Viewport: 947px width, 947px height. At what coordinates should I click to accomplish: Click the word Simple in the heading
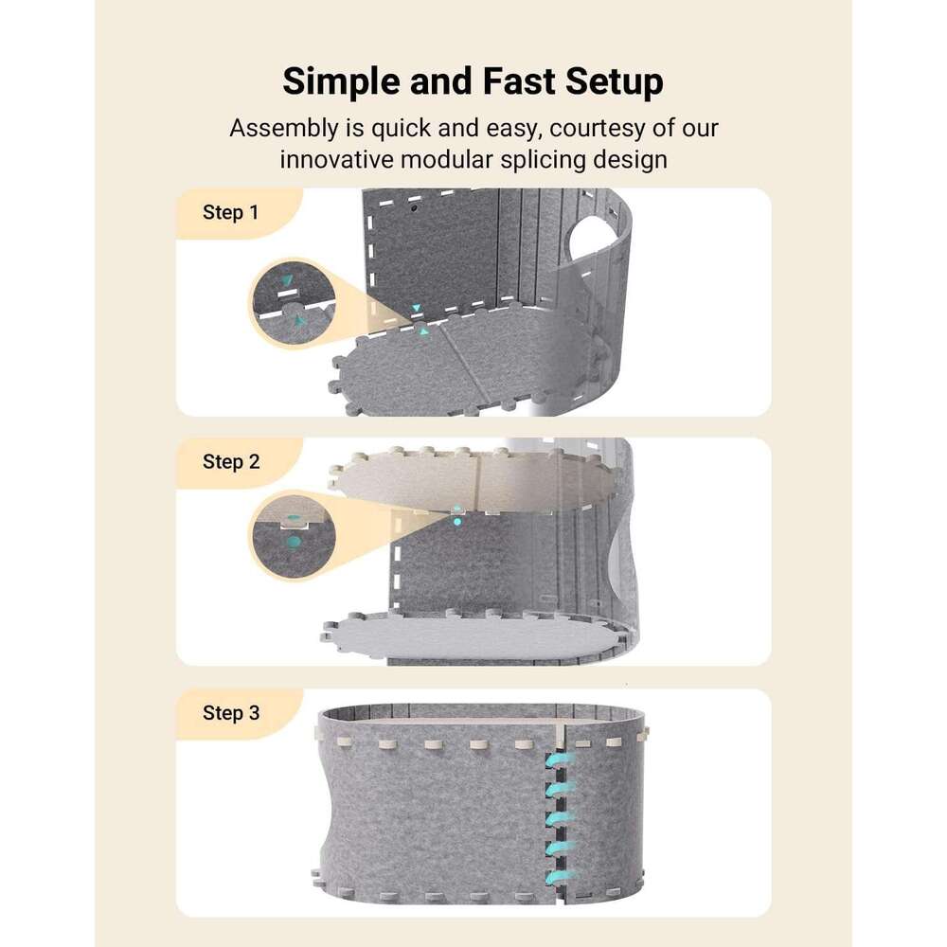[341, 82]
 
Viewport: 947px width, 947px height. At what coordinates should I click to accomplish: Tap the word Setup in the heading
[615, 82]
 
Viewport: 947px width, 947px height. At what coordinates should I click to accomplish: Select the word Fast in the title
[519, 81]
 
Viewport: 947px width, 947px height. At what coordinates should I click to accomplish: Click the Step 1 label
[231, 212]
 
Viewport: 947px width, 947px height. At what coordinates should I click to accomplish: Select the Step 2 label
[231, 462]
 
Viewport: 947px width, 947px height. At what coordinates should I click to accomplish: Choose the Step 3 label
[231, 713]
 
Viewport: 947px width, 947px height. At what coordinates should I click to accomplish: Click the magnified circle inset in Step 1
[293, 304]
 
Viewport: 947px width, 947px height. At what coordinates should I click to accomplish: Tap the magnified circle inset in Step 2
[293, 536]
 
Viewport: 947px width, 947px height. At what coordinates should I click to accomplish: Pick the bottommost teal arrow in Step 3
[559, 876]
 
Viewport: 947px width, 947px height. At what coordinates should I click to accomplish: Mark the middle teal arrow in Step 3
[559, 819]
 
